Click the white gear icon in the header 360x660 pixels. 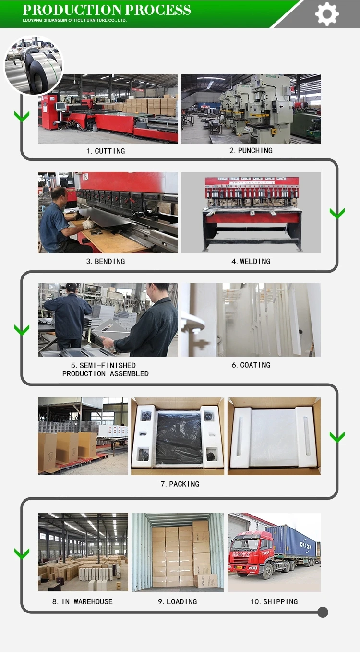(x=326, y=14)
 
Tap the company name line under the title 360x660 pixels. (x=74, y=20)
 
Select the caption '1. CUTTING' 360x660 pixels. (x=106, y=151)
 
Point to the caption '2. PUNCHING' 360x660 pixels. (x=251, y=151)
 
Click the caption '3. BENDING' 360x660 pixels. (x=106, y=261)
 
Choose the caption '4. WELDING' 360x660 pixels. (x=251, y=261)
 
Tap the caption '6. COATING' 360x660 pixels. (x=251, y=365)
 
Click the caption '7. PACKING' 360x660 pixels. (x=180, y=484)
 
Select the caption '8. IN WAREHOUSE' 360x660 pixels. (x=83, y=601)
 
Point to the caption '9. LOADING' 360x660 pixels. (x=177, y=601)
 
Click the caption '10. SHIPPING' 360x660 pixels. (x=274, y=601)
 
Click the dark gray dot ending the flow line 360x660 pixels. (x=323, y=612)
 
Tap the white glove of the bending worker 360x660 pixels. (x=88, y=224)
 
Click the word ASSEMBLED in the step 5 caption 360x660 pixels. (x=129, y=374)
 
